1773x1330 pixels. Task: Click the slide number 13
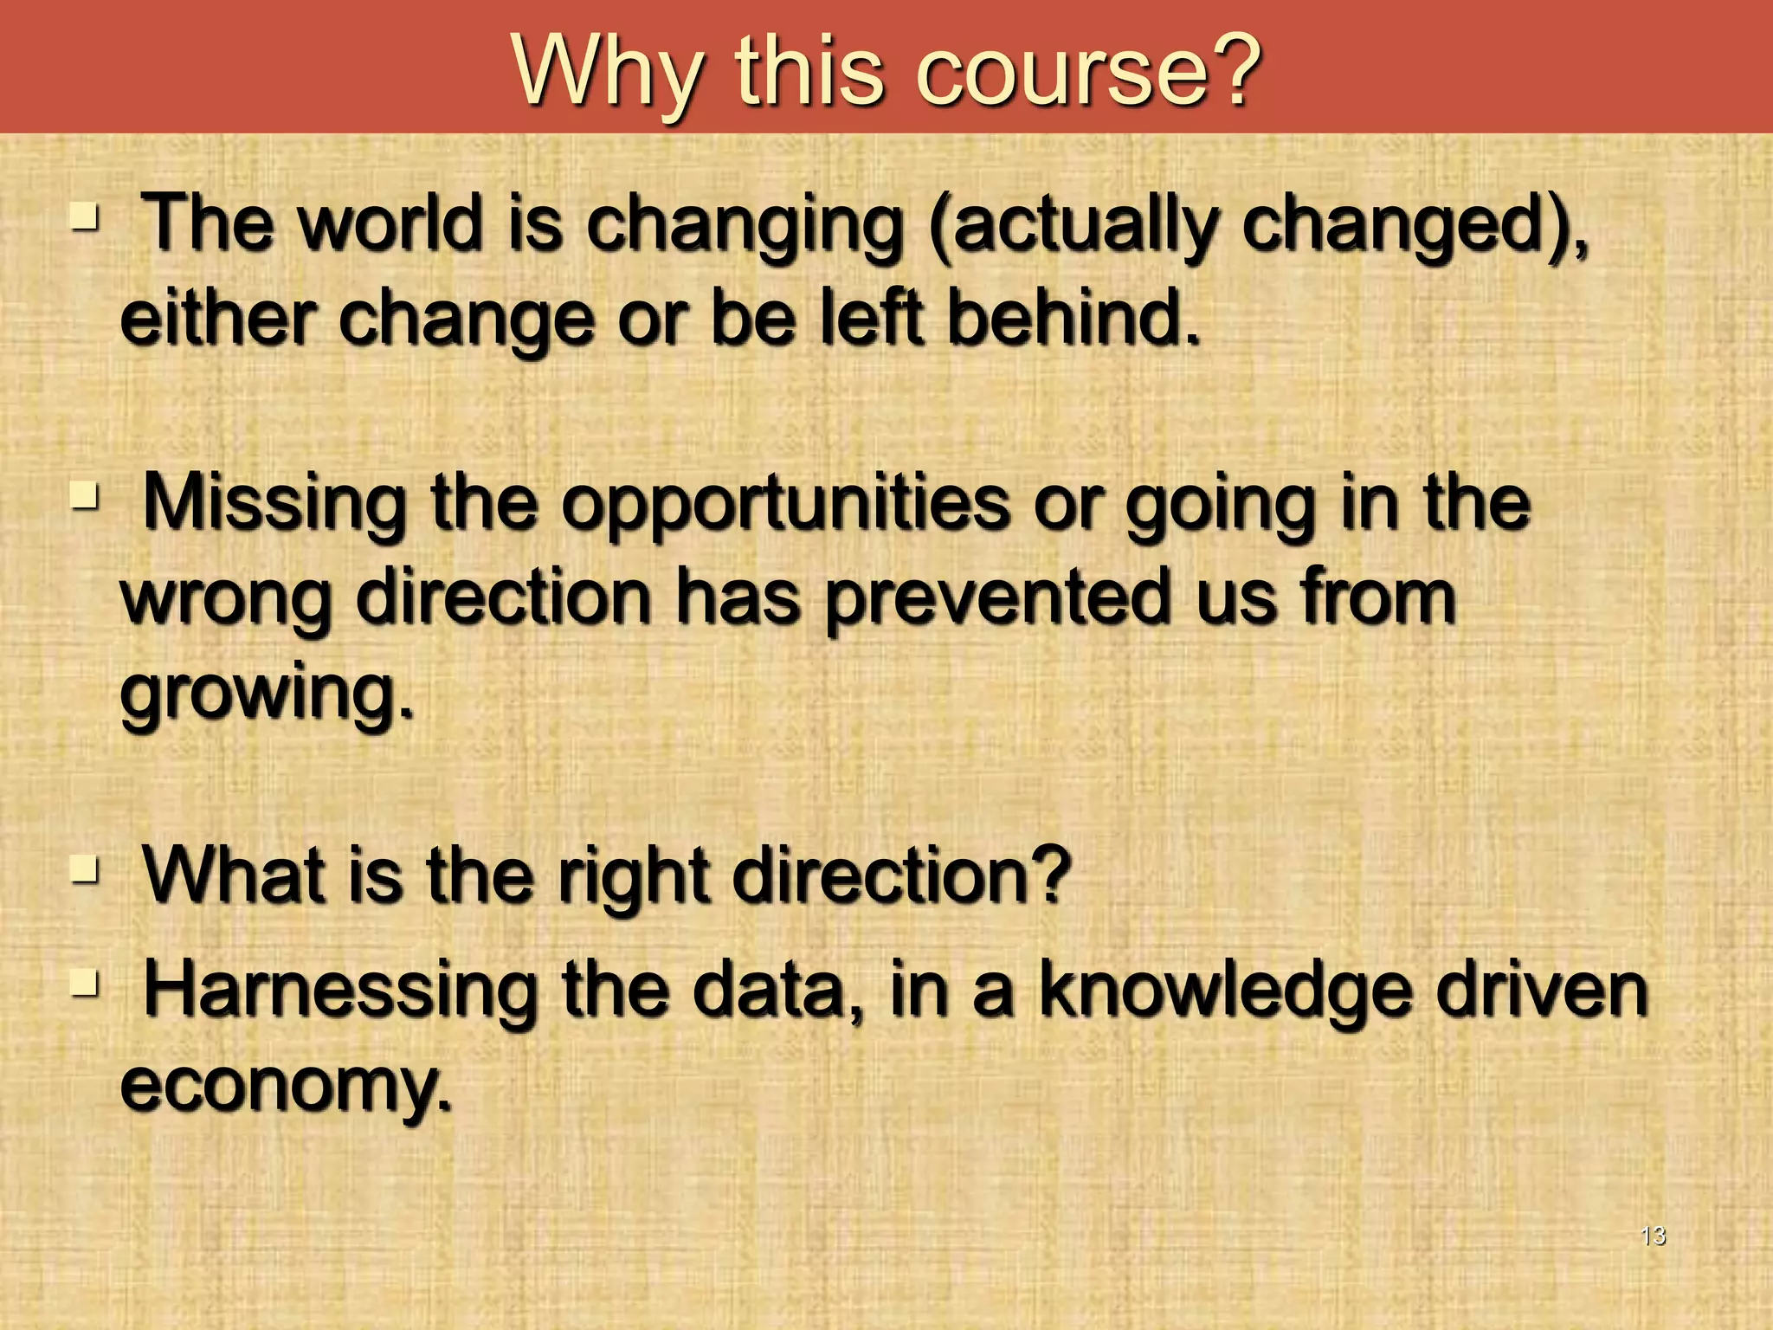point(1653,1236)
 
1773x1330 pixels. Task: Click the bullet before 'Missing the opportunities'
point(85,497)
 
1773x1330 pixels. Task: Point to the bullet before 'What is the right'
point(85,868)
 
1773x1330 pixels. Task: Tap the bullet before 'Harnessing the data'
point(85,983)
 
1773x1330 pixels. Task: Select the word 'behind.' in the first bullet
point(1073,318)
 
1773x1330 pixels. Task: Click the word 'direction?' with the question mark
point(900,876)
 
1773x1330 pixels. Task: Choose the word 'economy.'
point(286,1086)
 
